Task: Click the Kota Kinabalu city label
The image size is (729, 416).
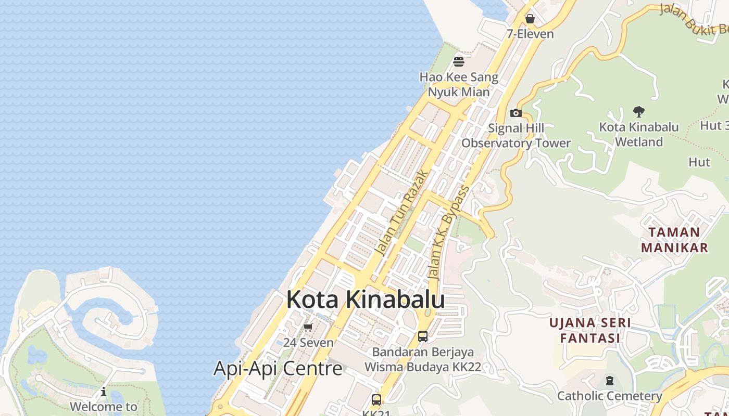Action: pos(366,300)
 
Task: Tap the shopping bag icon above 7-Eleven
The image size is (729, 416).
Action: pos(530,19)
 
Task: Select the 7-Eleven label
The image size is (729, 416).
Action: pos(530,34)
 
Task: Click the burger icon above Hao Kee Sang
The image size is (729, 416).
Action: pos(459,62)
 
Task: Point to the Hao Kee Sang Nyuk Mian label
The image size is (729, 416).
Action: pos(459,85)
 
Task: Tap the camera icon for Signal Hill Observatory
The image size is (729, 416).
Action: pos(516,113)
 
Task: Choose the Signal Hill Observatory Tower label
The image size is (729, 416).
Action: pos(516,136)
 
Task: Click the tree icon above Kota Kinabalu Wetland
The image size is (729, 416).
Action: pos(639,111)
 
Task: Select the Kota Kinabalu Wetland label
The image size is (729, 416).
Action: pos(639,134)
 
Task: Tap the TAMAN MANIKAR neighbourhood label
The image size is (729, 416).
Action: pos(674,240)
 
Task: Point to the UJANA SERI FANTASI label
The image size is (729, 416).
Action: pos(590,330)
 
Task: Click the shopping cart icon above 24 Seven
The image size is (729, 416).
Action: pos(308,327)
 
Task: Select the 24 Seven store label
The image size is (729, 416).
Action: pos(308,343)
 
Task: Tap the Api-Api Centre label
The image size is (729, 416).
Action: pos(278,369)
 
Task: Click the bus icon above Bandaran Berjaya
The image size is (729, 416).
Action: pos(423,336)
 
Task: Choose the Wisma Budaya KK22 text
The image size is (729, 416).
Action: pos(422,367)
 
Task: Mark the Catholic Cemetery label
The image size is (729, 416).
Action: pos(610,396)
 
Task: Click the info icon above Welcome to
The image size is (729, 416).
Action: pos(104,392)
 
